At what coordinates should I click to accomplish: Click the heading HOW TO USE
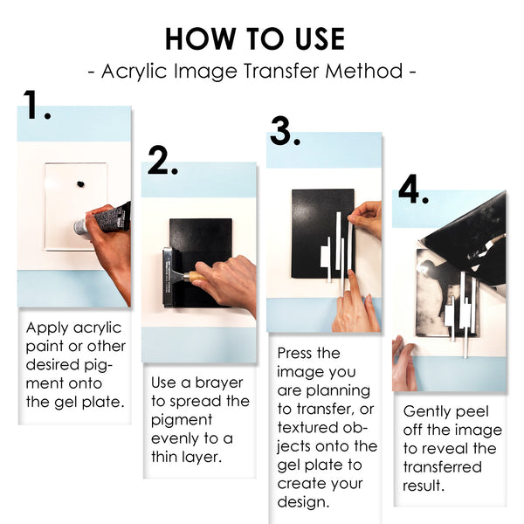tap(254, 38)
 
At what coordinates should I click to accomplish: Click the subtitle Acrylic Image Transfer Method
tap(253, 71)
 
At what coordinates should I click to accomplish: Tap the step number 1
tap(37, 106)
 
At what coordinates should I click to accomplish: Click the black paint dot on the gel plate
tap(81, 184)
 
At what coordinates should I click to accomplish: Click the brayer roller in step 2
tap(169, 277)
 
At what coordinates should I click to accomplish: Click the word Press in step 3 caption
tap(297, 353)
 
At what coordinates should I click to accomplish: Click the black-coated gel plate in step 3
tap(314, 227)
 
